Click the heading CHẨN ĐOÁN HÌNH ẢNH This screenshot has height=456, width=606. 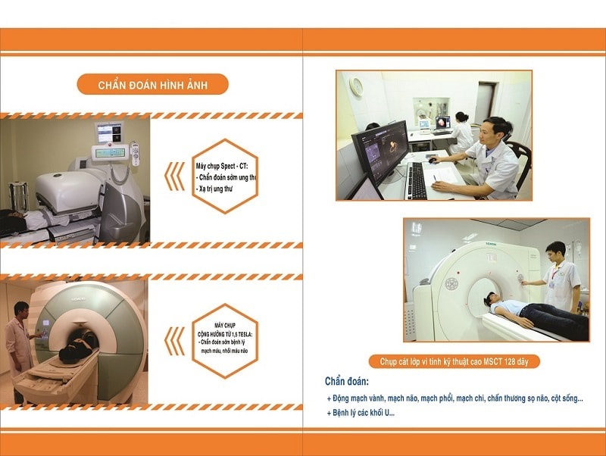pyautogui.click(x=153, y=85)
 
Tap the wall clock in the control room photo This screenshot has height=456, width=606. pyautogui.click(x=356, y=86)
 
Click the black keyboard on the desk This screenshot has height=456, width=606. pyautogui.click(x=416, y=180)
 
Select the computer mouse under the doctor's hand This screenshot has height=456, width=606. pyautogui.click(x=433, y=161)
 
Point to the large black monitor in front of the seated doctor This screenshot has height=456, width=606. pyautogui.click(x=381, y=155)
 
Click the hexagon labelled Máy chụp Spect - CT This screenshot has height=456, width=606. pyautogui.click(x=225, y=176)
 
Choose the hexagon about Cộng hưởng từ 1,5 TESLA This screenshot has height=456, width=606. pyautogui.click(x=225, y=341)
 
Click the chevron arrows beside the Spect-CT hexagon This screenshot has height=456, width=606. pyautogui.click(x=175, y=176)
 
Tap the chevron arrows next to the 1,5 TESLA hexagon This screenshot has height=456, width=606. pyautogui.click(x=175, y=341)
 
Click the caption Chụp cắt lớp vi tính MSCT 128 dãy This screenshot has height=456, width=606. pyautogui.click(x=454, y=362)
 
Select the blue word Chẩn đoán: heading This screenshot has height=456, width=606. pyautogui.click(x=347, y=382)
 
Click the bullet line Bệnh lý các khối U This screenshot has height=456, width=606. pyautogui.click(x=361, y=413)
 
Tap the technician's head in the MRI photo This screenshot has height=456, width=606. pyautogui.click(x=22, y=310)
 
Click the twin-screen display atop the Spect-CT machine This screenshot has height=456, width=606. pyautogui.click(x=110, y=133)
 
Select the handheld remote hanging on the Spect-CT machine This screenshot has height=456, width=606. pyautogui.click(x=135, y=154)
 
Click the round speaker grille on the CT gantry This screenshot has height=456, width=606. pyautogui.click(x=451, y=283)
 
